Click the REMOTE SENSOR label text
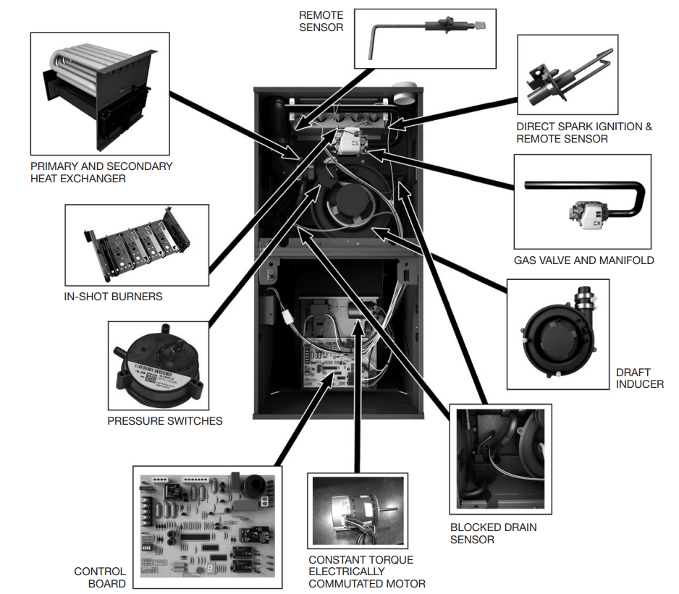click(321, 21)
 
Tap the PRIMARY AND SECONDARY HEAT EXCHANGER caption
click(101, 172)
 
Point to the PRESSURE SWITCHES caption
click(164, 420)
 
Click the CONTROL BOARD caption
click(100, 577)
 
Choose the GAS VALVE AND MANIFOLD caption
click(583, 260)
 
